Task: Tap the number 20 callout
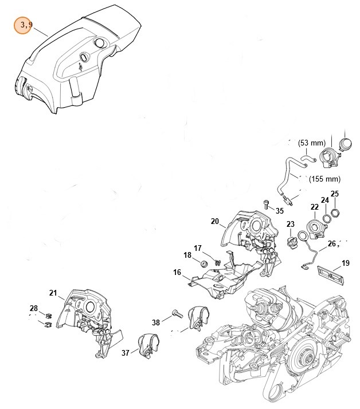(214, 221)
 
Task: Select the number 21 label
(53, 293)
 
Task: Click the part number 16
(177, 272)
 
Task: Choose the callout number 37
(126, 353)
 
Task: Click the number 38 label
(156, 323)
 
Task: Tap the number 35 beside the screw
(279, 211)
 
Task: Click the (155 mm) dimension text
(325, 179)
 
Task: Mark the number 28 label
(34, 309)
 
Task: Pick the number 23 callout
(291, 224)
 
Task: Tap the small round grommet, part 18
(203, 264)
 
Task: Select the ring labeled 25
(336, 214)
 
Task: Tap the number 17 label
(198, 248)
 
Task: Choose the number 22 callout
(315, 207)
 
